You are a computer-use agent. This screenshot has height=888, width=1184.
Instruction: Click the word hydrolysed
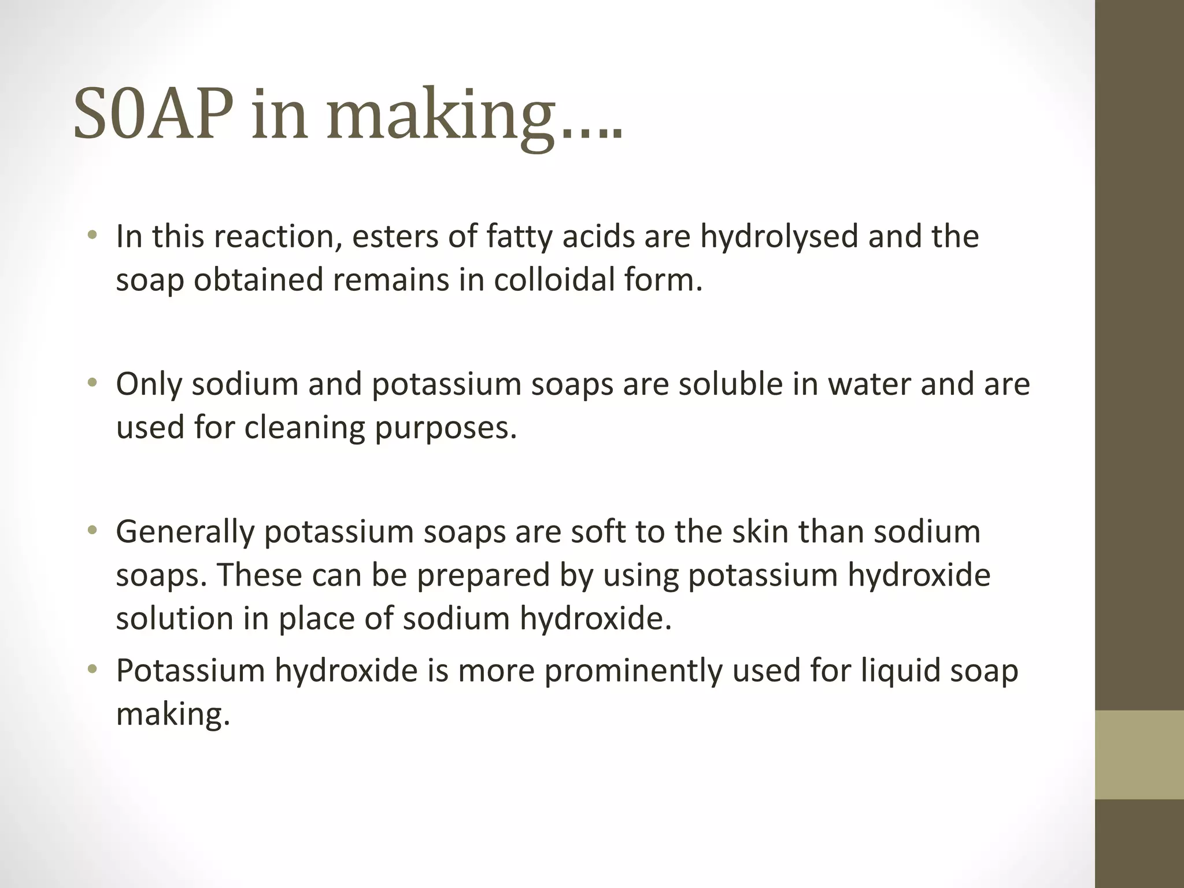(x=779, y=237)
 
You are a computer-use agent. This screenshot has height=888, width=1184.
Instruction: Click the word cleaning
(x=304, y=428)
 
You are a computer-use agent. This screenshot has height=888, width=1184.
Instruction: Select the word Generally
(x=185, y=532)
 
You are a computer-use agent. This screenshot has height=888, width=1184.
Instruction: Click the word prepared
(x=483, y=576)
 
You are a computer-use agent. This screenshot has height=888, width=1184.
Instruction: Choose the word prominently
(x=633, y=671)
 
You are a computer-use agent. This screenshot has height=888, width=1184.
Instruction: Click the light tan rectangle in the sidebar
(x=1139, y=754)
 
